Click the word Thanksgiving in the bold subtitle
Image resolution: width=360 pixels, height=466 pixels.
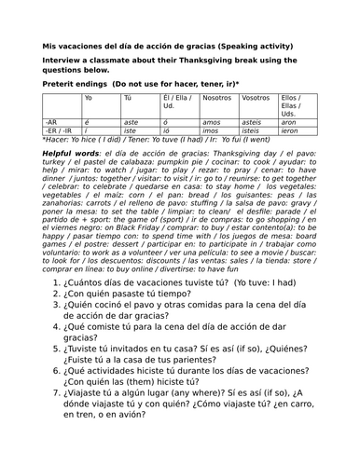click(x=221, y=61)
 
